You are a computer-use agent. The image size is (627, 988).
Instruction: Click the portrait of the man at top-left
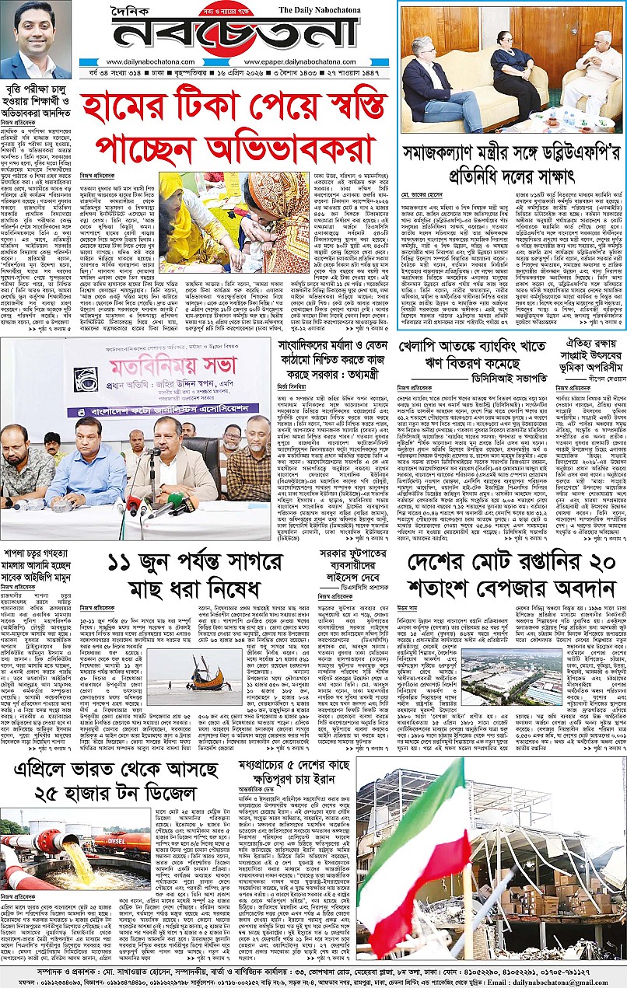pyautogui.click(x=36, y=40)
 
